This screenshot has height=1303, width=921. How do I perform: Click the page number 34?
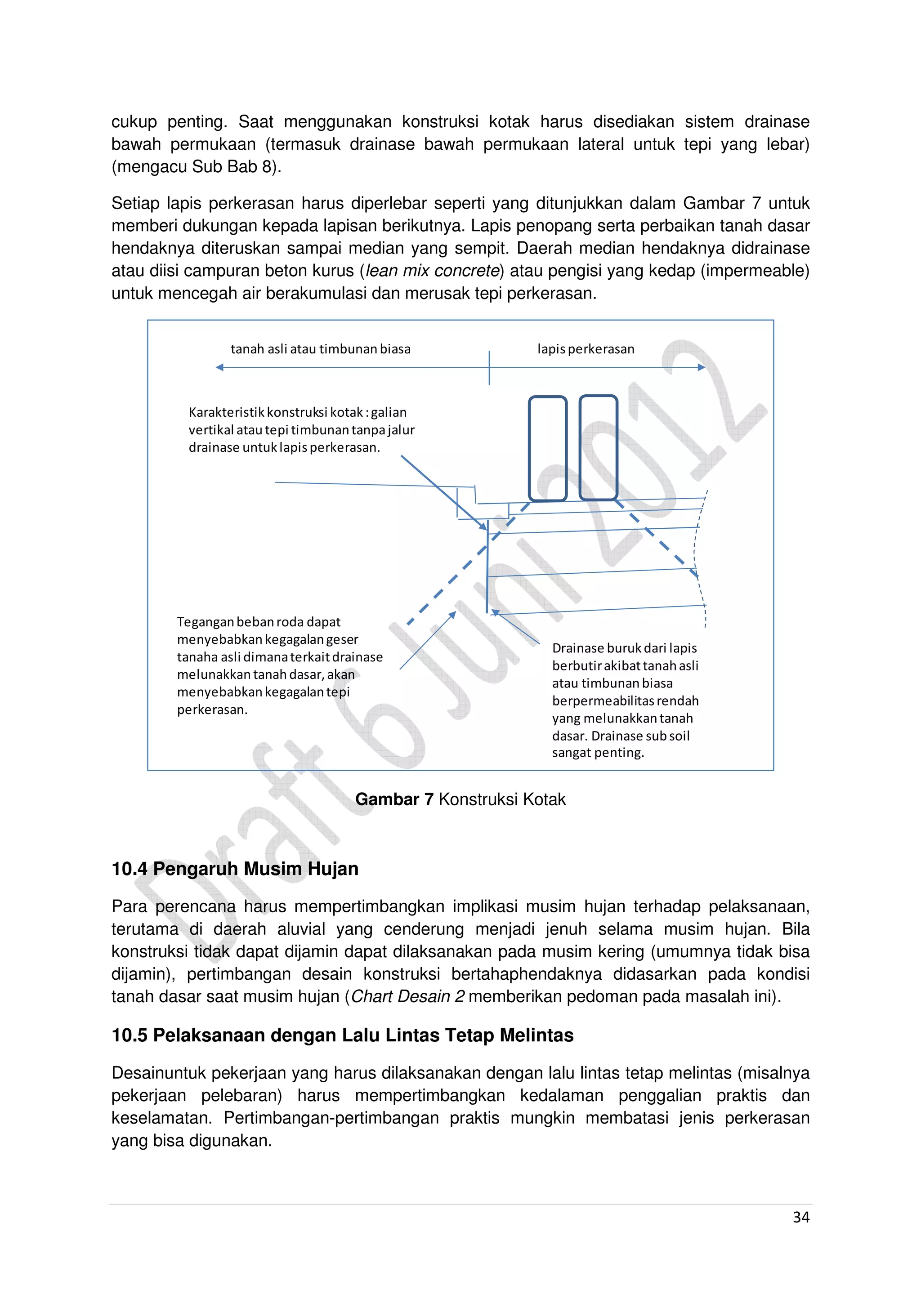(x=800, y=1217)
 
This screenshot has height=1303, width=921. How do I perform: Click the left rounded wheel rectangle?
(x=548, y=448)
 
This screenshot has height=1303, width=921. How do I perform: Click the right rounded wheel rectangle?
(x=598, y=448)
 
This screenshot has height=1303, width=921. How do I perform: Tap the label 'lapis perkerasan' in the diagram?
(x=586, y=349)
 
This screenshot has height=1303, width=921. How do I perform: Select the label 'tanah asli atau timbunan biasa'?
(x=320, y=349)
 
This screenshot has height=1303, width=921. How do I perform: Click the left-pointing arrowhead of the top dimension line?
(x=219, y=368)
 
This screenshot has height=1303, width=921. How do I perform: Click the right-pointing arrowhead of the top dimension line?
(x=702, y=368)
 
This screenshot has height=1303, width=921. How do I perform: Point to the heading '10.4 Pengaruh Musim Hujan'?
(x=235, y=869)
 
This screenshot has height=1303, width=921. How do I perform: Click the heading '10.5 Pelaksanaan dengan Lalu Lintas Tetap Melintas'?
(x=342, y=1035)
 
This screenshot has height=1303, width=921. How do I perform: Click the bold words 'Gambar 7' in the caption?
(x=394, y=799)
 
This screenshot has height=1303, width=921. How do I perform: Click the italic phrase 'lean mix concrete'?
(x=432, y=271)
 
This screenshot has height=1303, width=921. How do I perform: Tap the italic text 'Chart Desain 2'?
(x=408, y=996)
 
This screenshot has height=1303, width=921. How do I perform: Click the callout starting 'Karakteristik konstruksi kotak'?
(x=301, y=429)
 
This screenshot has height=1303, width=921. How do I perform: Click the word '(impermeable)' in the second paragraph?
(x=755, y=271)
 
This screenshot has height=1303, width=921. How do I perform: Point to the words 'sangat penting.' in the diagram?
(x=598, y=753)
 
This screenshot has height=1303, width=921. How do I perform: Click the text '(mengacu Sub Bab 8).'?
(x=197, y=166)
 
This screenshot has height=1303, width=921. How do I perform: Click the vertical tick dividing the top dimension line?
(x=489, y=368)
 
